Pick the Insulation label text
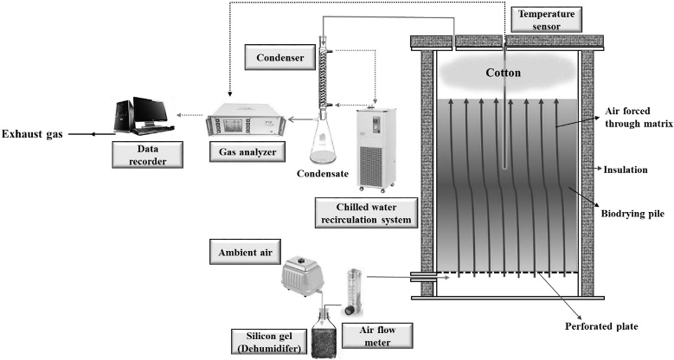(626, 170)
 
